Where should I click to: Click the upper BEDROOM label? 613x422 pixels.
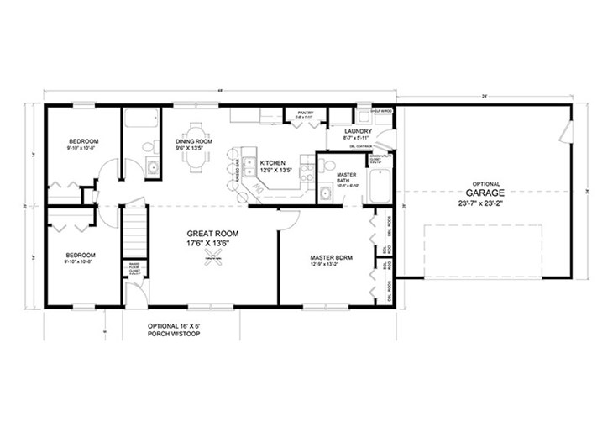click(84, 140)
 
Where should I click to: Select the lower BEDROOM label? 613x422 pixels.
click(81, 255)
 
